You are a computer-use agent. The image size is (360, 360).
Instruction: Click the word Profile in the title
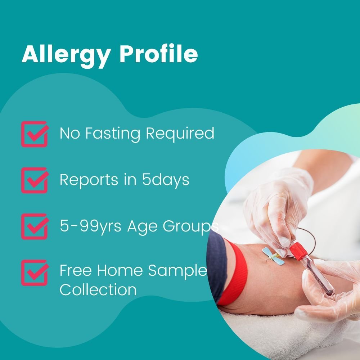159,54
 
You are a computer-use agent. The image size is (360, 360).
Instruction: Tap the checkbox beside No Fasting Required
34,134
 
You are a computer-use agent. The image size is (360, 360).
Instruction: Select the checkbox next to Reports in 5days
34,180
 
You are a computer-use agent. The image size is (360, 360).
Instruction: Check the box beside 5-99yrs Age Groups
34,226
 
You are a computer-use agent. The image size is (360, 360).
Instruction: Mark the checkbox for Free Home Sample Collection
34,273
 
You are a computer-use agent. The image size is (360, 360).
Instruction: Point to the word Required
180,134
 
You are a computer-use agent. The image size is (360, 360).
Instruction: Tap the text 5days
165,180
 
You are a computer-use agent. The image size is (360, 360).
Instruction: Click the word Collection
98,289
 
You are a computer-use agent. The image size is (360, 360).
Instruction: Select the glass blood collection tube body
316,275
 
